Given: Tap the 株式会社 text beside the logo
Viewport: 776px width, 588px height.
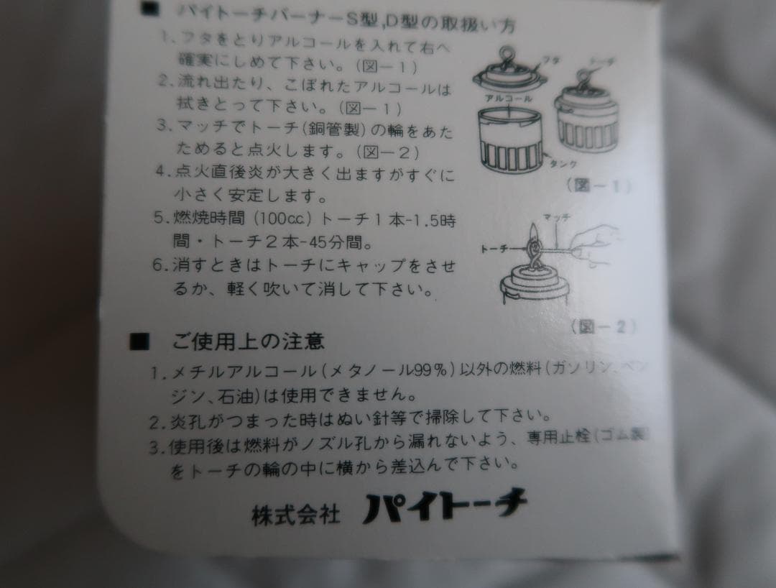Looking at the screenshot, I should (x=295, y=514).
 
